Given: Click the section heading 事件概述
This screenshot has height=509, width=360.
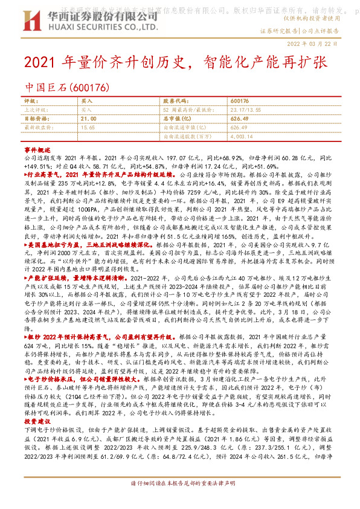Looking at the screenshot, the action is (36, 149).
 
